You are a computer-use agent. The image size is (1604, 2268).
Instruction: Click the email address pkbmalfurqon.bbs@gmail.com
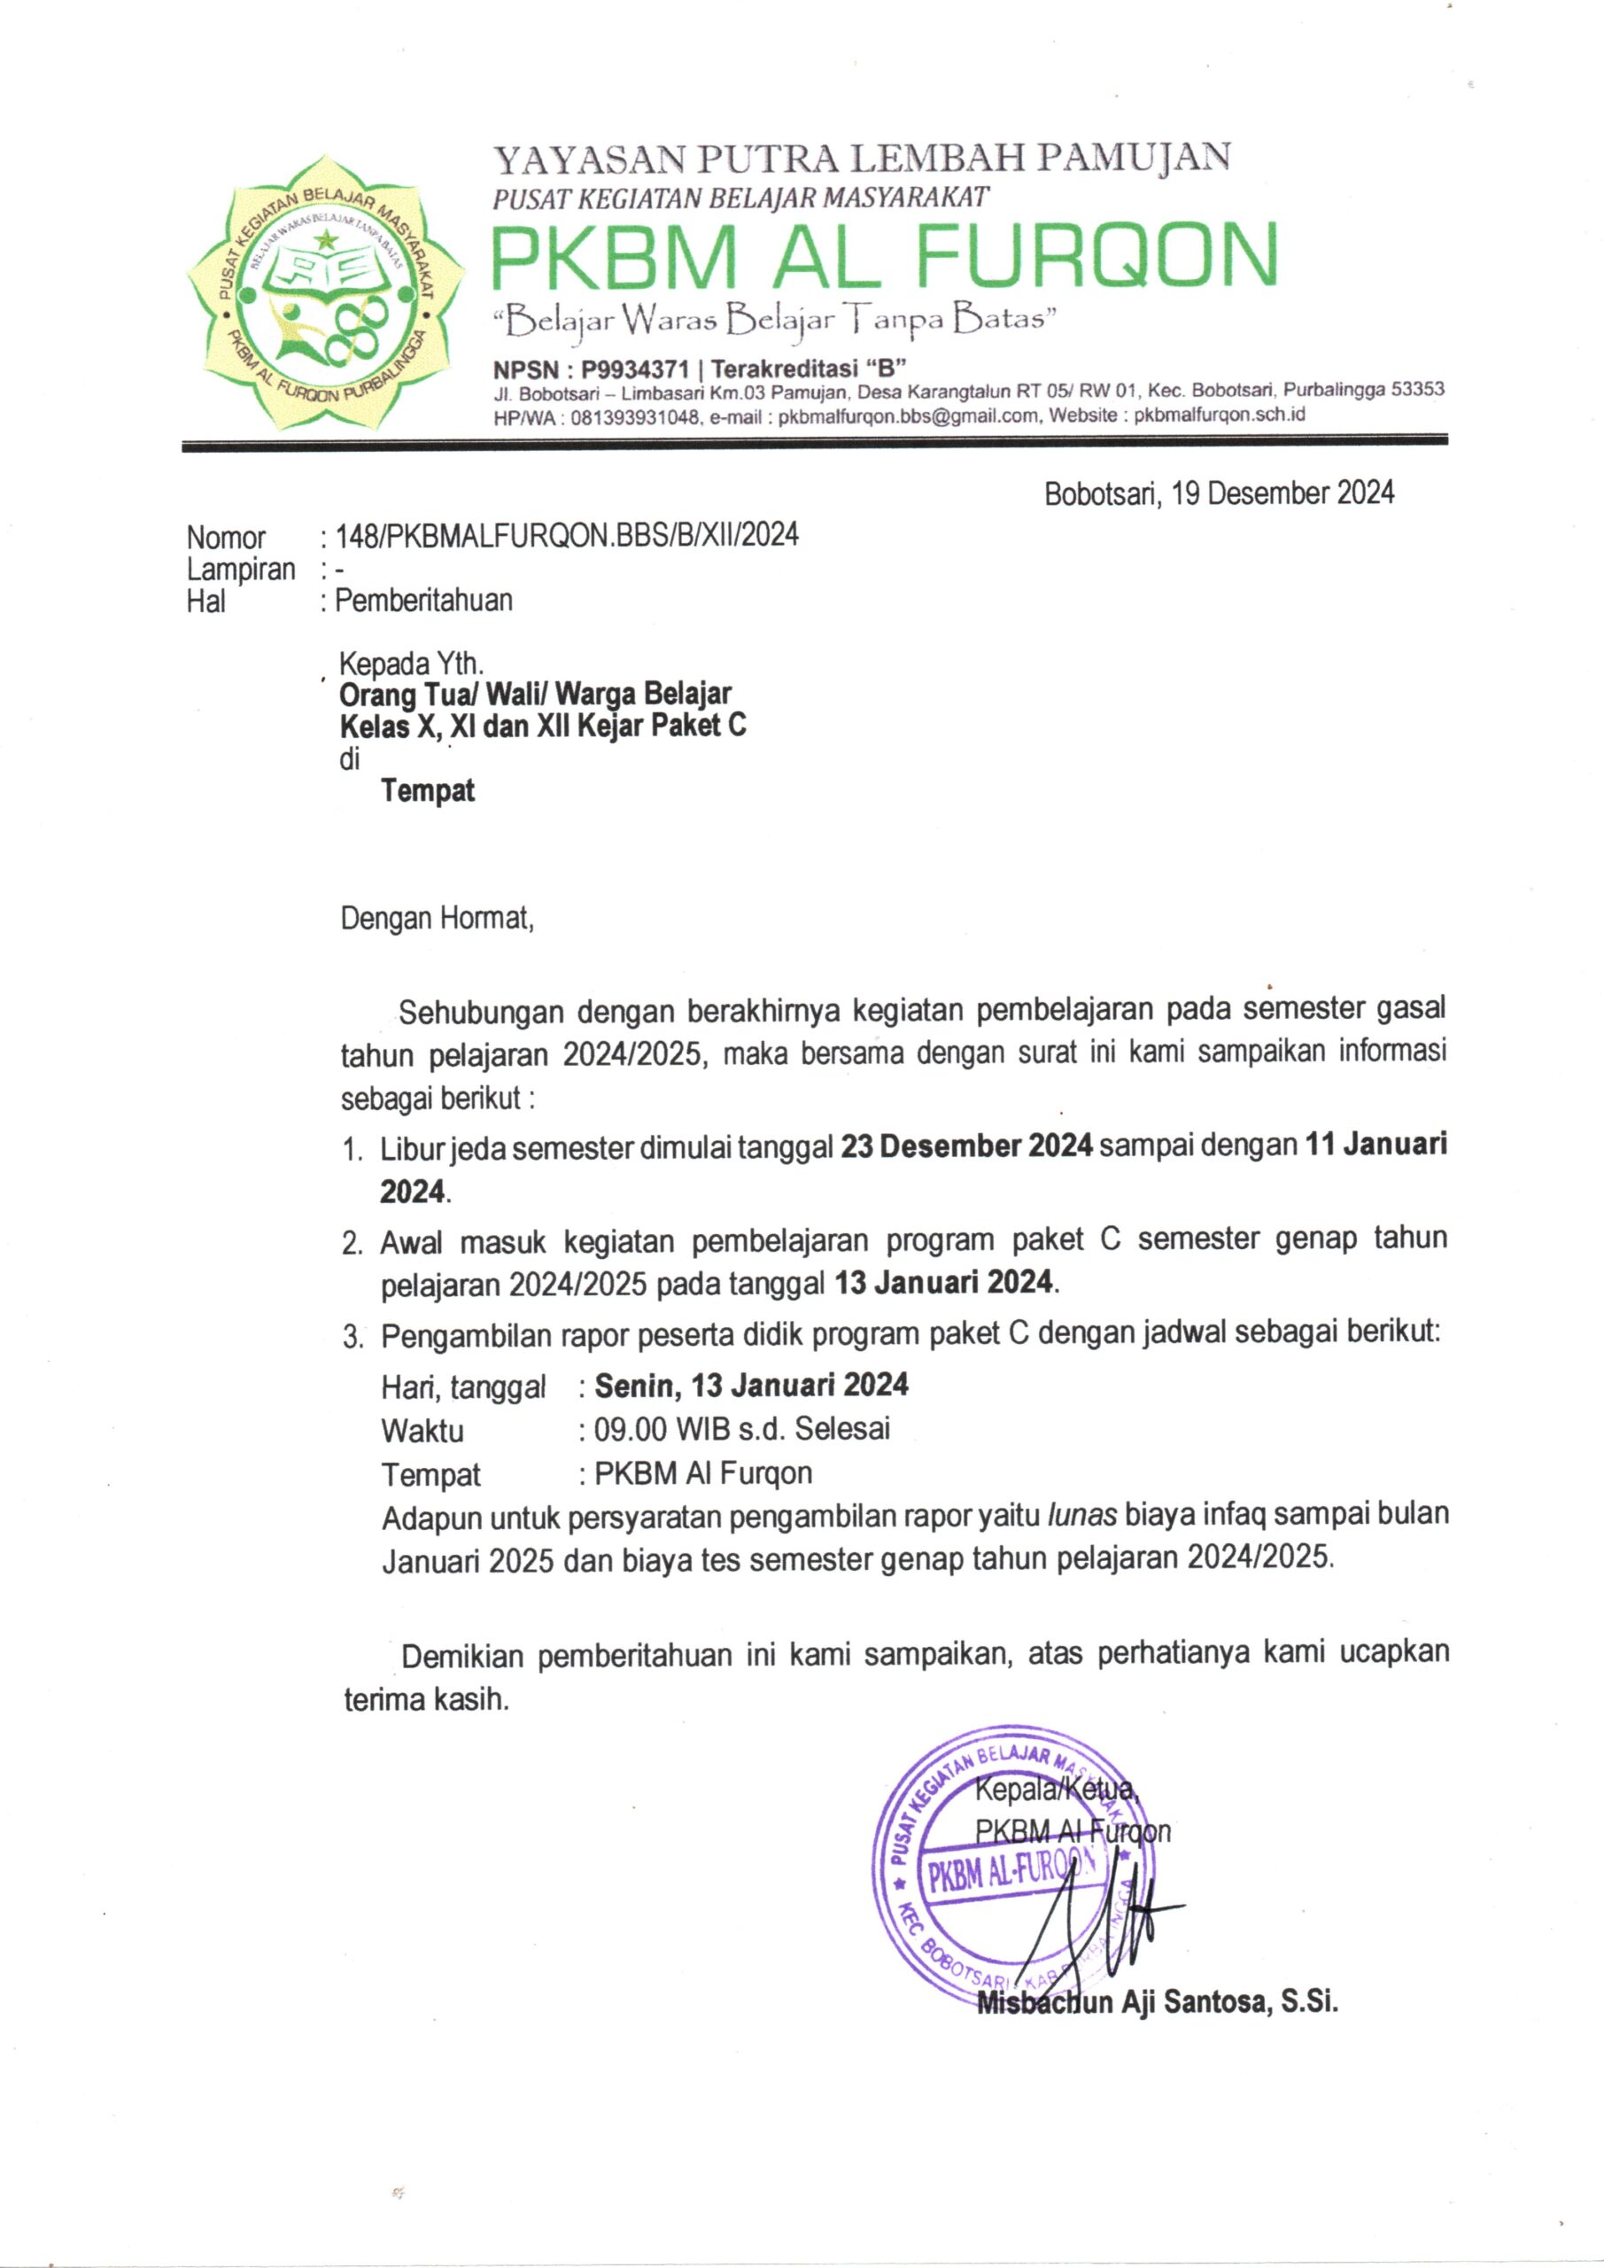click(x=909, y=416)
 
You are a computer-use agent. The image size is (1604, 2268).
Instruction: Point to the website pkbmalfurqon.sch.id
click(x=1220, y=415)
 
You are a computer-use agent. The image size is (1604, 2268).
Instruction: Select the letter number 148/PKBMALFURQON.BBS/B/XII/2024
click(x=568, y=535)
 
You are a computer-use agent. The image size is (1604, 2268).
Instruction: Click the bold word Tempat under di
click(x=429, y=790)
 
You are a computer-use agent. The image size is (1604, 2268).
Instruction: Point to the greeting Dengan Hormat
click(x=437, y=919)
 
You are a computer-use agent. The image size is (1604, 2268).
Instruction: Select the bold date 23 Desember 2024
click(x=966, y=1146)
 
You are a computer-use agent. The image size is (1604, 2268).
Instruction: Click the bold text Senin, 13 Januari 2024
click(x=751, y=1384)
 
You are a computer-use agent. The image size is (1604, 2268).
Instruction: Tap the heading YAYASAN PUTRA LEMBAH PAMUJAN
click(x=861, y=158)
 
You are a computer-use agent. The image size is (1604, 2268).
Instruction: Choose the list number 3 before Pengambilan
click(x=351, y=1339)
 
